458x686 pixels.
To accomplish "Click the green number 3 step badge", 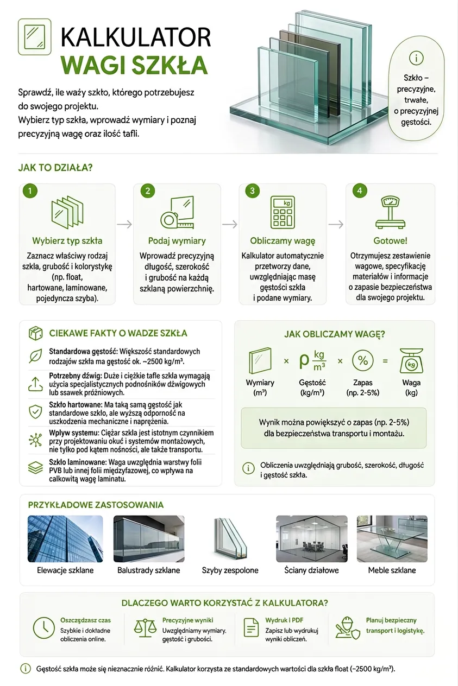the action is pos(252,191).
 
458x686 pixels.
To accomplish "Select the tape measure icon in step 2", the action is pos(168,220).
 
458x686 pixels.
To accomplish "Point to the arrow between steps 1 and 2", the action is pos(124,225).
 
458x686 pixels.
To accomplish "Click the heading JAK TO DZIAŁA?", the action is pos(55,168).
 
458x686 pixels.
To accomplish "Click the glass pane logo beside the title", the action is pos(35,37).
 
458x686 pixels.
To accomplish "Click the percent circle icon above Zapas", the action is pos(363,360).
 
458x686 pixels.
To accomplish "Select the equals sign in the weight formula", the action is pos(385,361).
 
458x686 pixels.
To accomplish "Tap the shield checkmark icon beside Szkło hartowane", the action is pos(35,411).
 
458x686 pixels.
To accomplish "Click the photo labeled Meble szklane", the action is pos(392,539).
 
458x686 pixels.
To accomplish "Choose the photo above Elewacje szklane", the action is pos(65,539).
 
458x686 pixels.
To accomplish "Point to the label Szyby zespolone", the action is pos(230,570).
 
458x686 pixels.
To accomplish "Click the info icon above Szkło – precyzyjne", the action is pos(416,58).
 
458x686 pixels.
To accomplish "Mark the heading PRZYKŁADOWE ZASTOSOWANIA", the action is pos(96,505).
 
